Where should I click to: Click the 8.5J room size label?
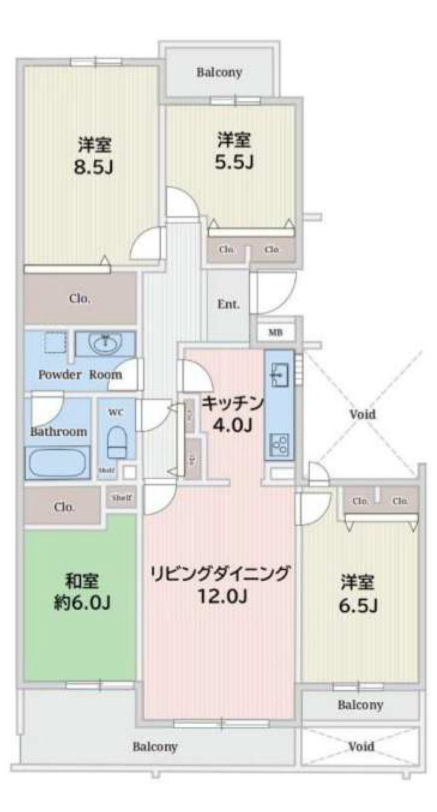pyautogui.click(x=93, y=167)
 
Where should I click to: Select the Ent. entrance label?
pyautogui.click(x=228, y=304)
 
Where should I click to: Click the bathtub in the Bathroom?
pyautogui.click(x=57, y=463)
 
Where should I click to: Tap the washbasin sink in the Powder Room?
pyautogui.click(x=105, y=344)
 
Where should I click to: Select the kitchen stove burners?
pyautogui.click(x=279, y=445)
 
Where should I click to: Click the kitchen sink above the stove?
pyautogui.click(x=279, y=375)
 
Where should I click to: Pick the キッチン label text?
pyautogui.click(x=232, y=404)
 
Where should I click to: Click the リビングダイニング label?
pyautogui.click(x=220, y=573)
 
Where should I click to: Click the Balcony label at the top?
pyautogui.click(x=219, y=73)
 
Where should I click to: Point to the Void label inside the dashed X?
pyautogui.click(x=363, y=414)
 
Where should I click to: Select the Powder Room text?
pyautogui.click(x=80, y=374)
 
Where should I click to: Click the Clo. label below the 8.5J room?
pyautogui.click(x=80, y=298)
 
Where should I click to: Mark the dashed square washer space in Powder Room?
pyautogui.click(x=55, y=343)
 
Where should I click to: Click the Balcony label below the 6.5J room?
pyautogui.click(x=360, y=705)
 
